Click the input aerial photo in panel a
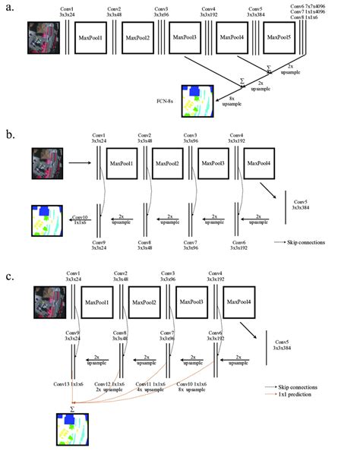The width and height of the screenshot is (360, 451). tap(39, 36)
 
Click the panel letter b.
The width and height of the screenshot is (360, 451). tap(10, 136)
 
